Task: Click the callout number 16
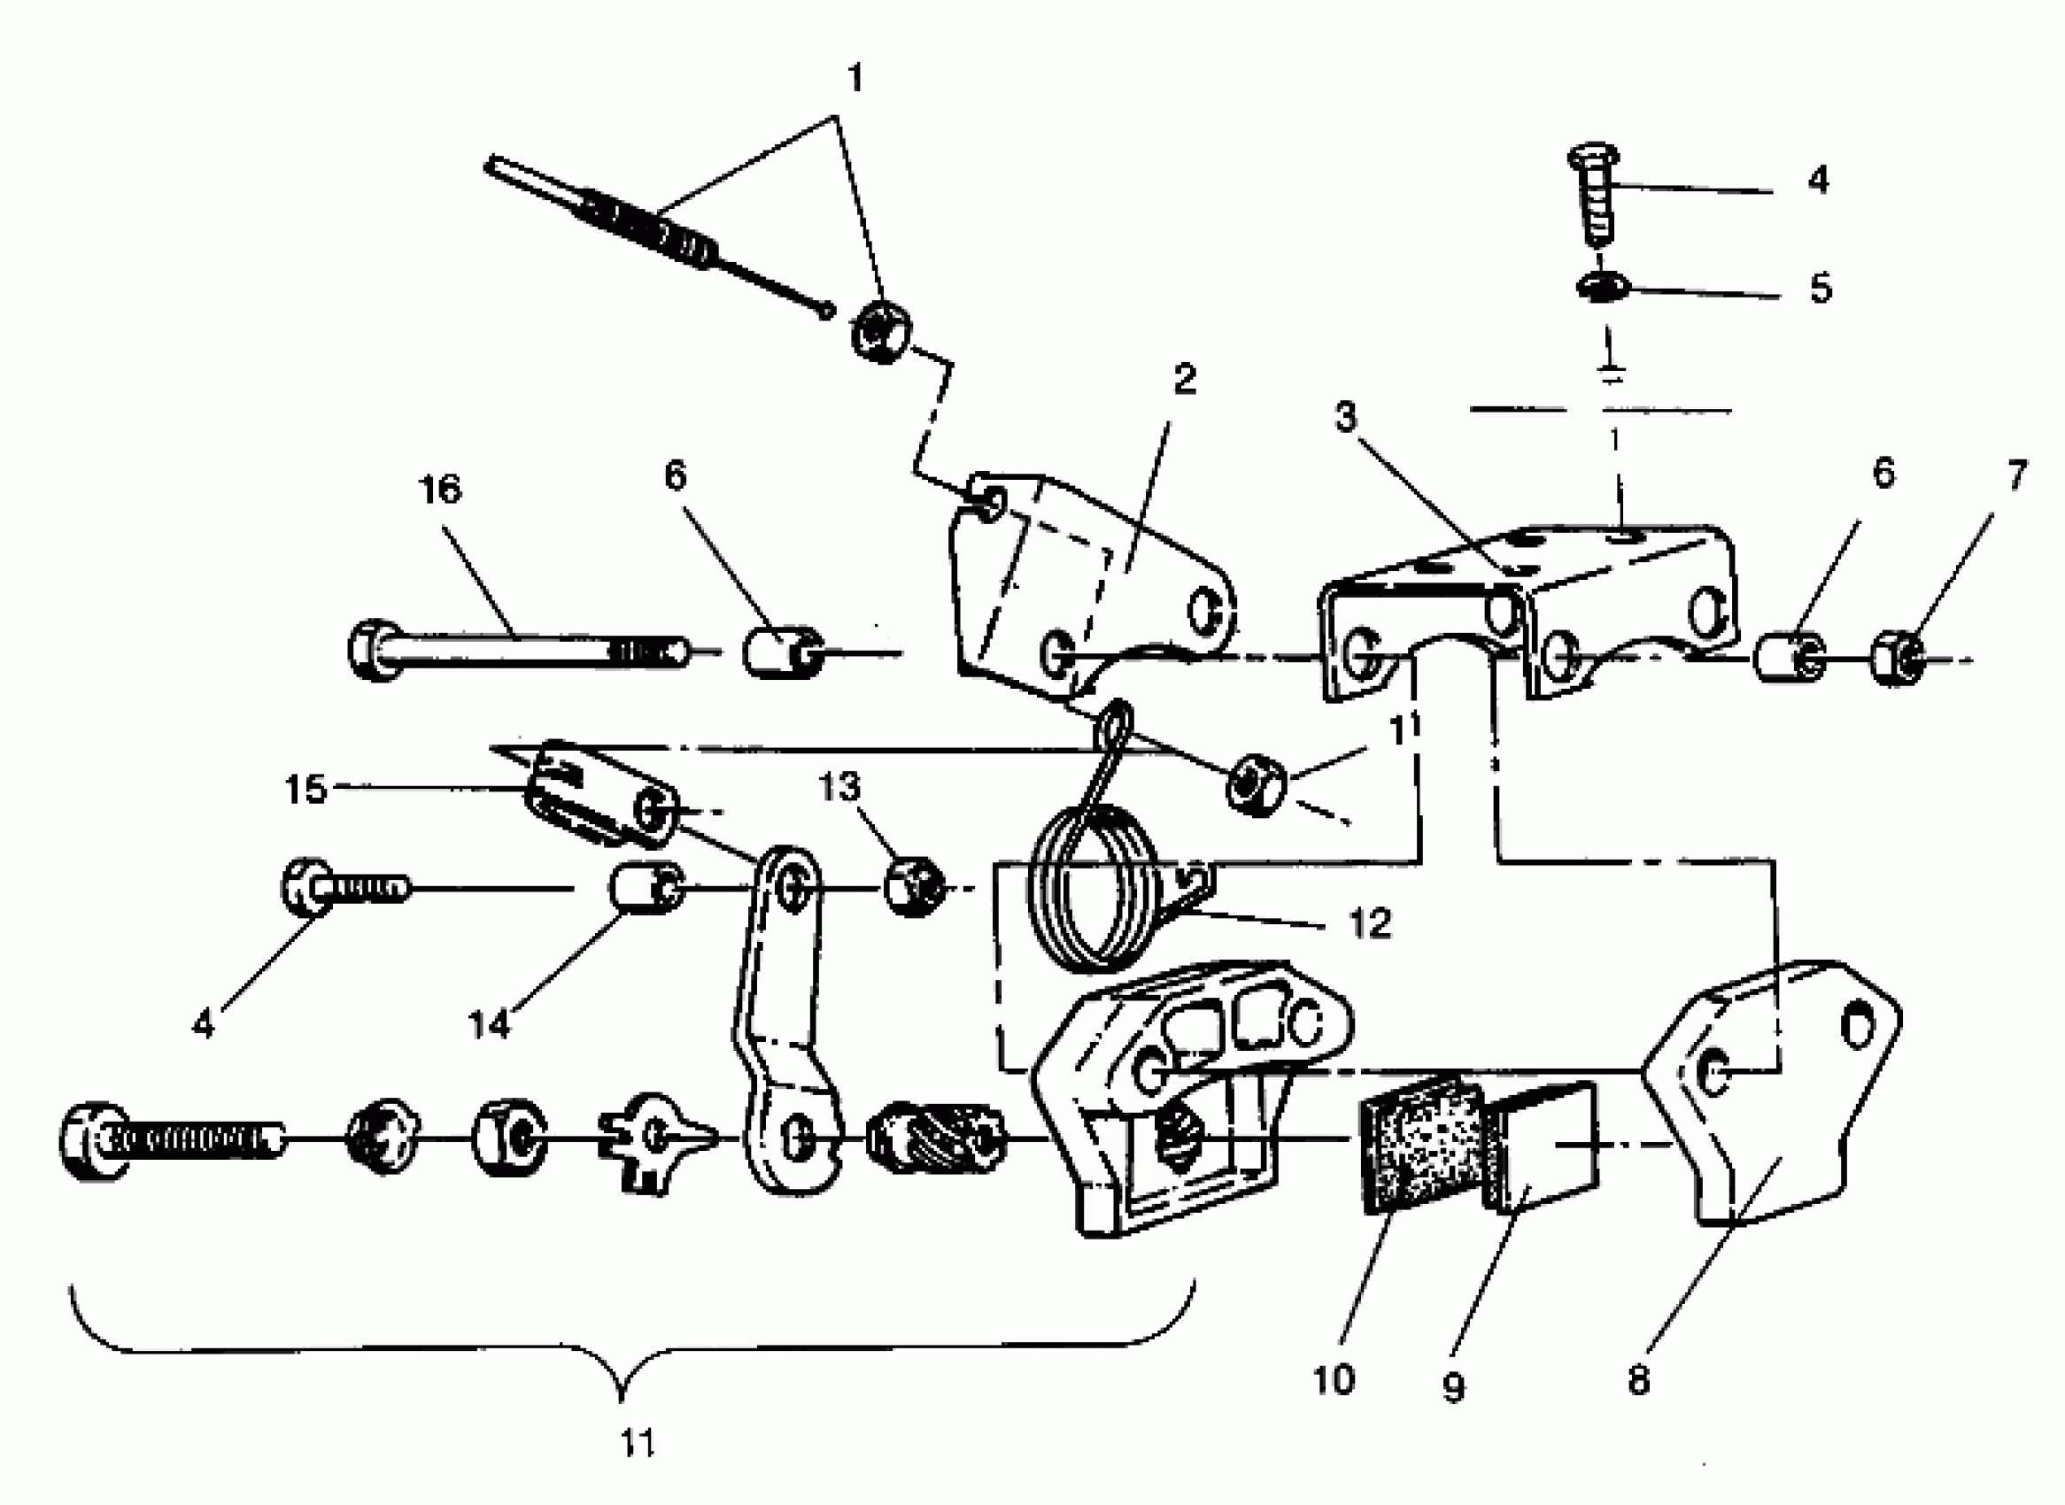[440, 490]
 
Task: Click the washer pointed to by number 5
[1602, 289]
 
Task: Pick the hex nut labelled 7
[1898, 658]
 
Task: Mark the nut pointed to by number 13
[914, 884]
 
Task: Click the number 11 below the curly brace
[637, 1444]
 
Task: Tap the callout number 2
[1184, 379]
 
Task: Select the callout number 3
[1345, 417]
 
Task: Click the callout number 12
[1369, 923]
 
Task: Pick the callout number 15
[305, 789]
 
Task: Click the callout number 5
[1820, 288]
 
